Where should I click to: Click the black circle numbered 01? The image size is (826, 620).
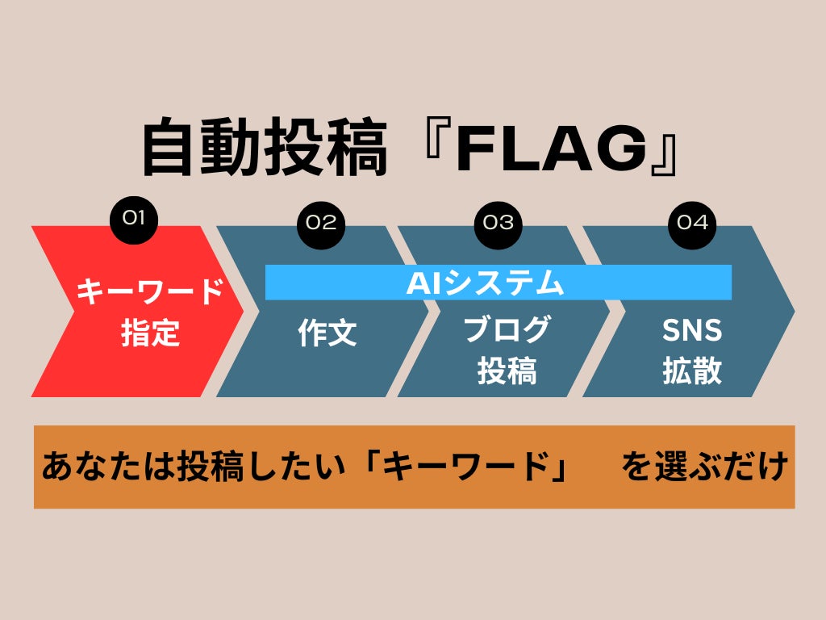coord(134,217)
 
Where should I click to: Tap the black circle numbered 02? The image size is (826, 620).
coord(321,222)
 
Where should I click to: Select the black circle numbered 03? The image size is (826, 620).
coord(499,222)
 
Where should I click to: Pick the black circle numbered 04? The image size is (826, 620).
coord(692,222)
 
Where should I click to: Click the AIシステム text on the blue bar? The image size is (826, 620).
coord(484,283)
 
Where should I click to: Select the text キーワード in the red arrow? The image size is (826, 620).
coord(150,291)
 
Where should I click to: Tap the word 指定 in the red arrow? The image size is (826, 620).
coord(150,333)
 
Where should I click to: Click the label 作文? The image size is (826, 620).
coord(327,333)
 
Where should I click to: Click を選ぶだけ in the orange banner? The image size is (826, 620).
coord(705,467)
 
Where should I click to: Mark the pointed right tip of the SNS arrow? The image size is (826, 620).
coord(792,311)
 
